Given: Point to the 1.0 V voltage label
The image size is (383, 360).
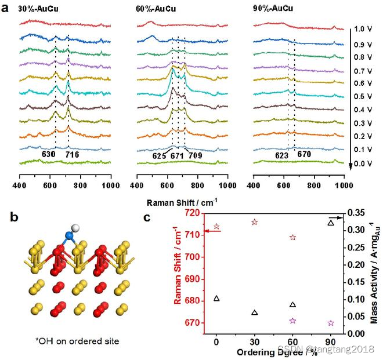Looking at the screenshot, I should coord(363,28).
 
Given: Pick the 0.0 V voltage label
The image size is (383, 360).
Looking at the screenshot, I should coord(363,164).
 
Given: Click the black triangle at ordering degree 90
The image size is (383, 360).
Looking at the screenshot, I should coord(331,223).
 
